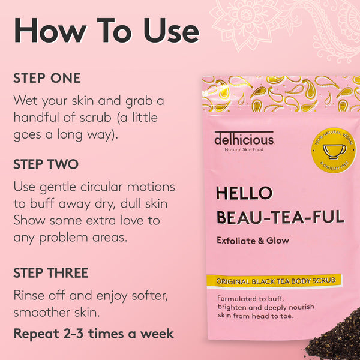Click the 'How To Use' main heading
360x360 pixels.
tap(106, 31)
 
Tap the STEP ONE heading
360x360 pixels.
tap(47, 79)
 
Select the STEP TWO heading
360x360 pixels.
tap(46, 164)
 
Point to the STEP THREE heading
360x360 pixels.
tap(51, 273)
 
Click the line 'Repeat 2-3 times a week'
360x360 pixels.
tap(94, 334)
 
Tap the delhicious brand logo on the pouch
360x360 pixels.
tap(245, 139)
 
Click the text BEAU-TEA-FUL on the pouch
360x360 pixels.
tap(280, 217)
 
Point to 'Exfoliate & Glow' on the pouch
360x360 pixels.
tap(253, 241)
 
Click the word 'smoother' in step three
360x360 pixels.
tap(43, 312)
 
